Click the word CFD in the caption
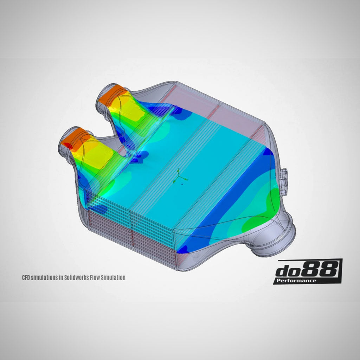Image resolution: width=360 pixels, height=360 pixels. pyautogui.click(x=26, y=277)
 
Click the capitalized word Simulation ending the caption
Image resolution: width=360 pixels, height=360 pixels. pyautogui.click(x=113, y=277)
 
